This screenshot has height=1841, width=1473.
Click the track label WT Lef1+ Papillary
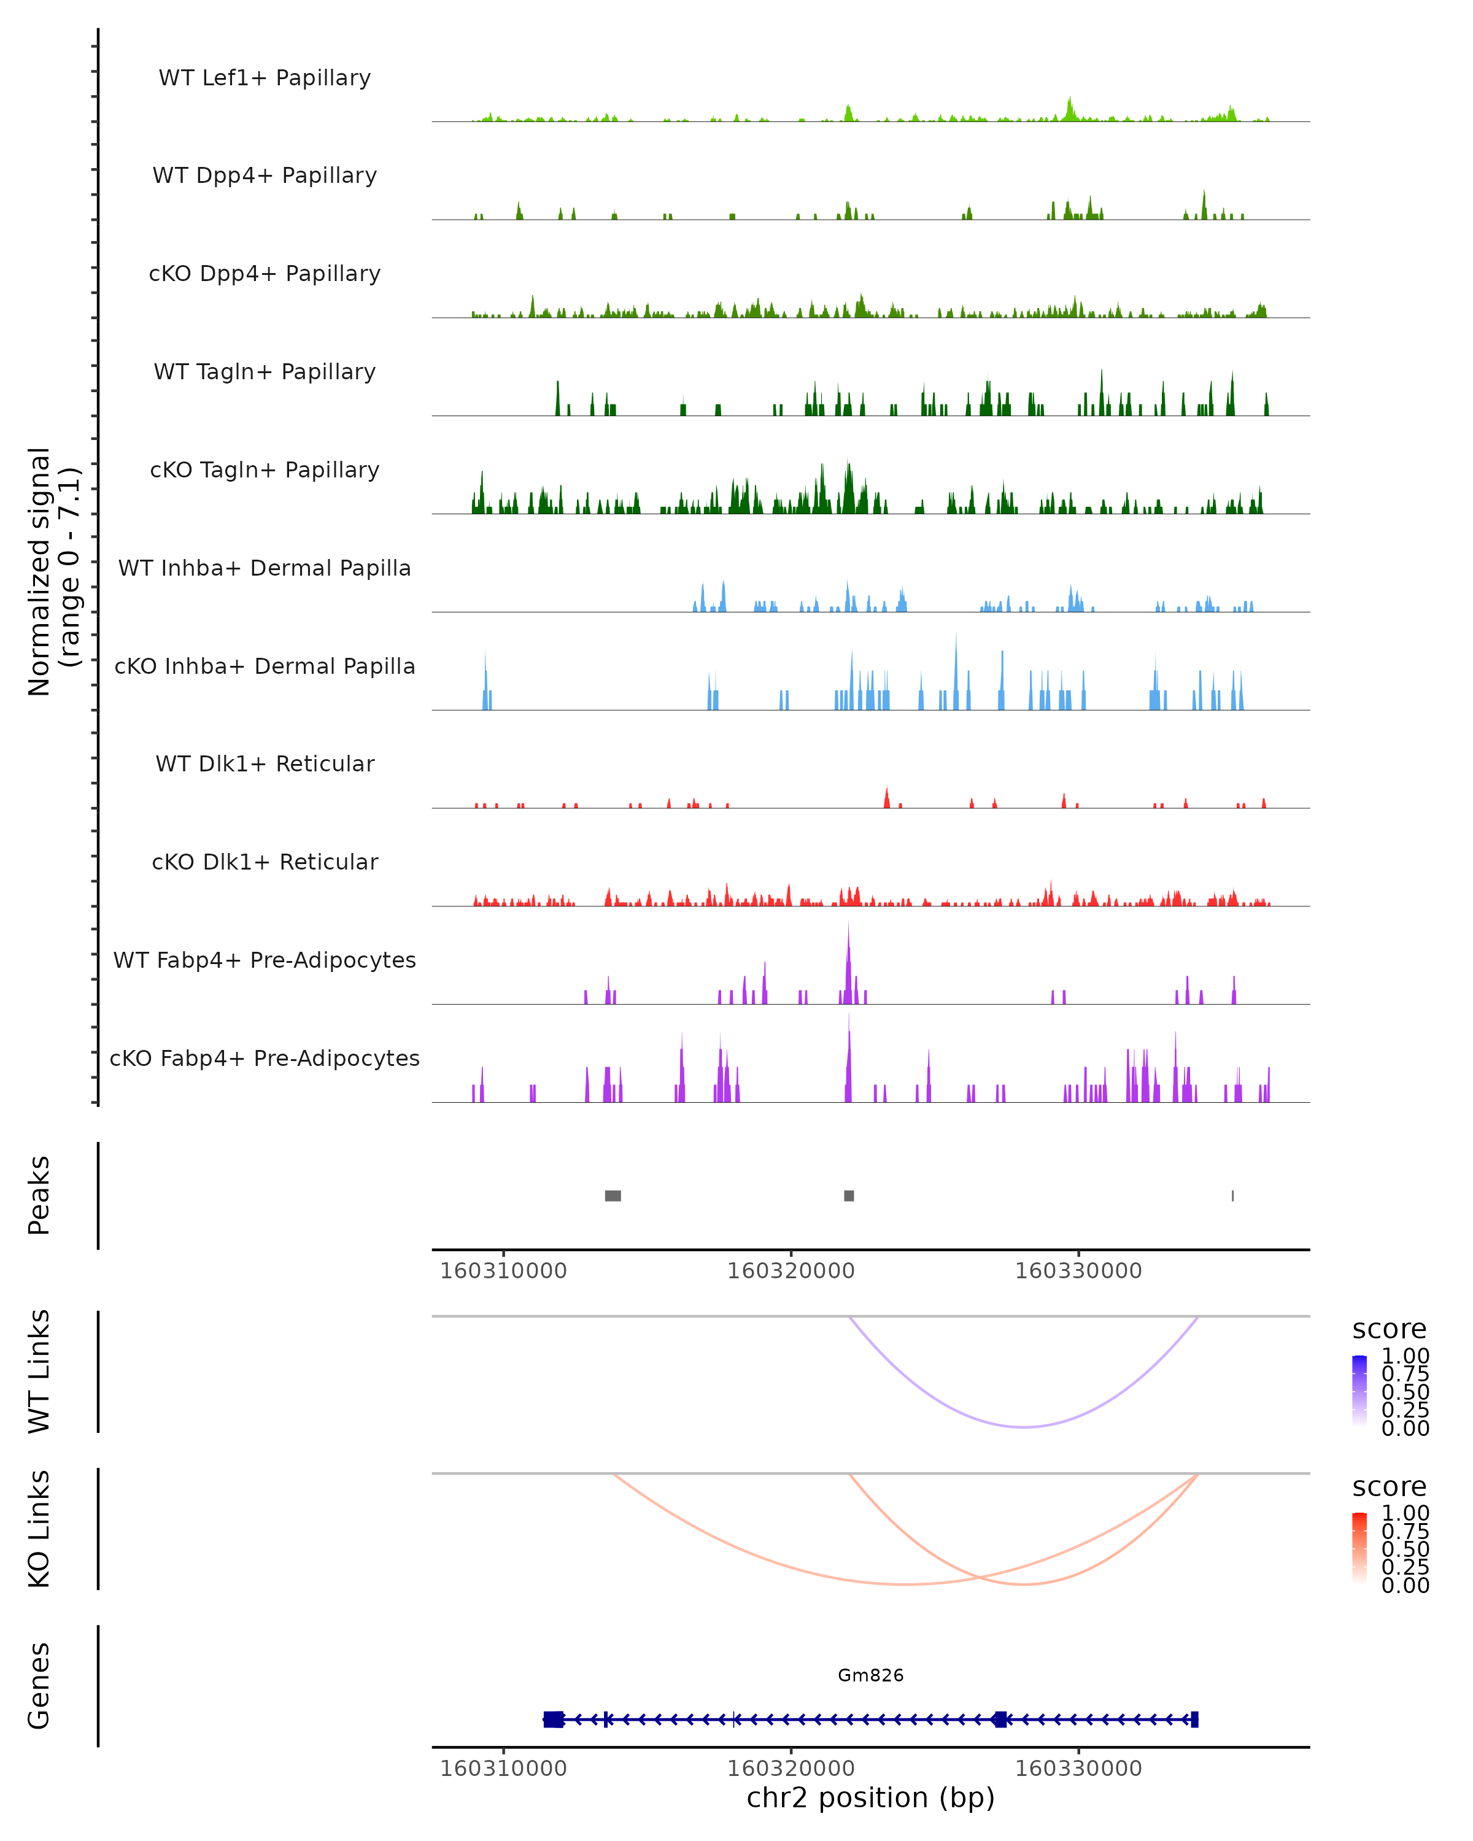(265, 78)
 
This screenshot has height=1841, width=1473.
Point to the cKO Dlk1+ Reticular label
(265, 862)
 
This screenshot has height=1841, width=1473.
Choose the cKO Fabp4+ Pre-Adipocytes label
(265, 1058)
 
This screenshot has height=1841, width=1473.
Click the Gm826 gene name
(870, 1675)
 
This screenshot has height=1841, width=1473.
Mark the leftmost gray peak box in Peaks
(613, 1195)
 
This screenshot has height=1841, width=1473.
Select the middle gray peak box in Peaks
(849, 1195)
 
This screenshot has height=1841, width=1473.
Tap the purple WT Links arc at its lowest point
(1023, 1427)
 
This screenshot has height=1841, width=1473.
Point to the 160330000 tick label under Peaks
(1078, 1271)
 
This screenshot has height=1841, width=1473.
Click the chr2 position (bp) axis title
(870, 1797)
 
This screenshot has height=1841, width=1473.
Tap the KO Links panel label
(39, 1529)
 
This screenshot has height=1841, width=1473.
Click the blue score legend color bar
(1359, 1389)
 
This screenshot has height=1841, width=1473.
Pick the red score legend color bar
(1359, 1547)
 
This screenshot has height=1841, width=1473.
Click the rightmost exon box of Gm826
(1194, 1719)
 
